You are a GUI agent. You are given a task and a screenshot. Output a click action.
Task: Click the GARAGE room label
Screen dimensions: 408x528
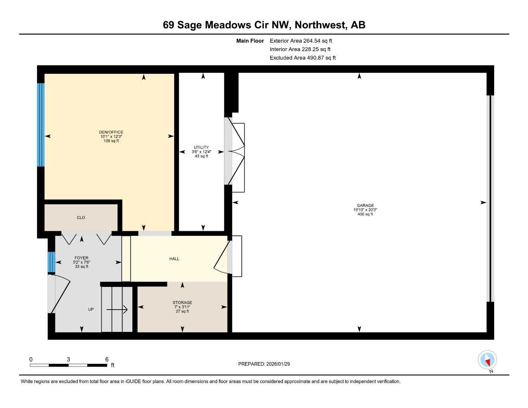365,206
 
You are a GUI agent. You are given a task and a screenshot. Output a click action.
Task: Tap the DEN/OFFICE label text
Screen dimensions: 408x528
111,132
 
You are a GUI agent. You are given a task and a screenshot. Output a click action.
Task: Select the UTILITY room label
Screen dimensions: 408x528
201,147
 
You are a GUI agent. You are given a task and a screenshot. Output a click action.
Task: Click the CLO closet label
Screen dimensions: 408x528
81,218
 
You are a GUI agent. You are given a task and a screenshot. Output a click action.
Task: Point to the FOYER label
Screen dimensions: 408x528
82,258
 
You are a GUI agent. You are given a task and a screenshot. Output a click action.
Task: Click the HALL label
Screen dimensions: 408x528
174,259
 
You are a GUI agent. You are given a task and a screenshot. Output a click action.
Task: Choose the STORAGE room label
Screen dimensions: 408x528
182,302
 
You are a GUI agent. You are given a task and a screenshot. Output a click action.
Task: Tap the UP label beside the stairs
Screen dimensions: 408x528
91,309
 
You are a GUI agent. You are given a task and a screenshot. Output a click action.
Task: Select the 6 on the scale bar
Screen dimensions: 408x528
107,359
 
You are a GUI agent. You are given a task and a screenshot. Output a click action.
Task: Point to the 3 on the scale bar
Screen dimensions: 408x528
69,359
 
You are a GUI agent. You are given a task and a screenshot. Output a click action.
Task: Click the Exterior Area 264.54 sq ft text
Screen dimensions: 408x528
301,41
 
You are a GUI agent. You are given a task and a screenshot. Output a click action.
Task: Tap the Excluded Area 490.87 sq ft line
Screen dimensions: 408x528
302,58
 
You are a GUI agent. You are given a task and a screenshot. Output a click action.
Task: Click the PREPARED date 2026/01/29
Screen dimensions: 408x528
264,364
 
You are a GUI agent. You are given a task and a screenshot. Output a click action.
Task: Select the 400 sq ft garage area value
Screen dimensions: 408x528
365,214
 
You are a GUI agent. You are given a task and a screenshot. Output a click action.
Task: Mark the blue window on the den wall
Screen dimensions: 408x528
41,125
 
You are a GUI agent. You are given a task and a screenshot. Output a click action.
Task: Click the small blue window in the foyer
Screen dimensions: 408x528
51,262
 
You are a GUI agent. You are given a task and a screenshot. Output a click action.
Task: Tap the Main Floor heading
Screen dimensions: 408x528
250,41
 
